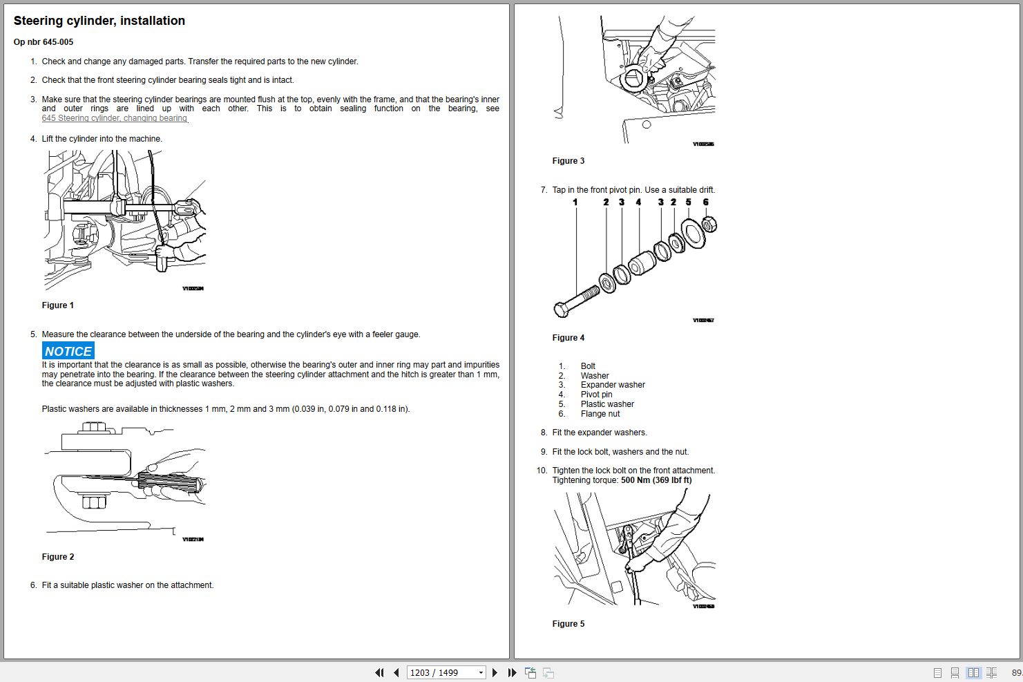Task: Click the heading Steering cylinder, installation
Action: (x=99, y=21)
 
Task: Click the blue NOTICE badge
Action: (x=68, y=351)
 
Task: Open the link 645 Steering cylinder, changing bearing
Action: (x=114, y=118)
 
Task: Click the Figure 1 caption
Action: (x=57, y=305)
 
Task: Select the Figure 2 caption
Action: (x=57, y=557)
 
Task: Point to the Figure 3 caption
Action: (x=568, y=161)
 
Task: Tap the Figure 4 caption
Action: (x=568, y=338)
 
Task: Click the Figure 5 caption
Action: (x=568, y=624)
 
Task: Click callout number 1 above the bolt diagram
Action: (x=575, y=202)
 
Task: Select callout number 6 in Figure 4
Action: (x=705, y=202)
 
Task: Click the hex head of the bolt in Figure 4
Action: (x=561, y=310)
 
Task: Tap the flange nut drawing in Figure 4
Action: (x=709, y=225)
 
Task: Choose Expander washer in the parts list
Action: (x=613, y=385)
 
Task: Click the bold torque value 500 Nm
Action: (x=656, y=480)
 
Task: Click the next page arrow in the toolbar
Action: (x=495, y=672)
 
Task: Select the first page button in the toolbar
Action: (x=379, y=672)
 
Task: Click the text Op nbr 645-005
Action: (x=43, y=42)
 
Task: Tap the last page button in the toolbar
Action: (x=512, y=672)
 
